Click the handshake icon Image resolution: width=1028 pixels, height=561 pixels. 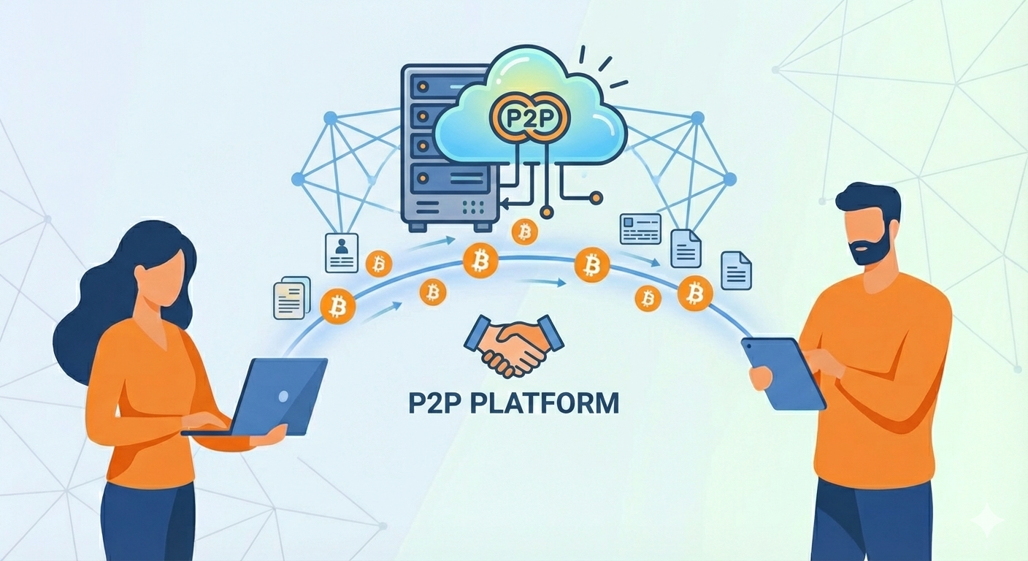(514, 345)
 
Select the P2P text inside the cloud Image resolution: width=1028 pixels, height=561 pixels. (530, 119)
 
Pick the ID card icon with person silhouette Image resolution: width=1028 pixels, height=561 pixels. (341, 253)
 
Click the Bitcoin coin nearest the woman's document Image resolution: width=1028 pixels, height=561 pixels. (337, 305)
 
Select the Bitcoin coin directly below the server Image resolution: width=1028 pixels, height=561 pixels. (524, 232)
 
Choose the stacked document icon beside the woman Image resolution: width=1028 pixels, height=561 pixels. (289, 297)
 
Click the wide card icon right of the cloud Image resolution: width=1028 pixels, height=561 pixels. (640, 229)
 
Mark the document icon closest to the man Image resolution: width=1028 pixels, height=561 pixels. (736, 270)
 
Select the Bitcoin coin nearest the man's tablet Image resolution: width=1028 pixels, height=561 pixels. (694, 294)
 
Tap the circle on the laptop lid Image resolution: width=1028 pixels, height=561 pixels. (283, 395)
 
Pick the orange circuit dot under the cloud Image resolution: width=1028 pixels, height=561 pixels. (597, 196)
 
